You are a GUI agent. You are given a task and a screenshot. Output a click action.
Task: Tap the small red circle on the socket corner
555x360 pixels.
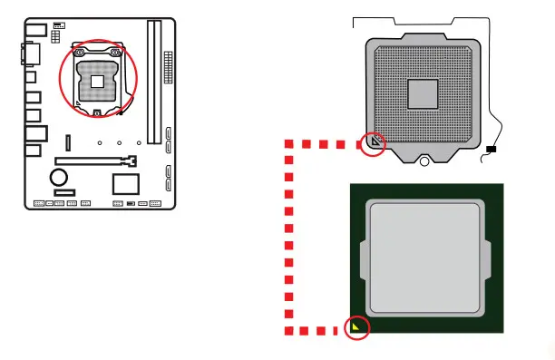pos(373,143)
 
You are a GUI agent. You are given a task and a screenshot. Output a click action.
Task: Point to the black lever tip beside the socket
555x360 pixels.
pos(491,149)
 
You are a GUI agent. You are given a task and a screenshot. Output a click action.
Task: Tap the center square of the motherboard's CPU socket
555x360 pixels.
pos(97,83)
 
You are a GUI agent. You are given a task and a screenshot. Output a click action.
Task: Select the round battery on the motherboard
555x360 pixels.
pos(60,175)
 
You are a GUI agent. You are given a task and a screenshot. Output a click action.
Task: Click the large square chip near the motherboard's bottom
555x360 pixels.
pos(125,183)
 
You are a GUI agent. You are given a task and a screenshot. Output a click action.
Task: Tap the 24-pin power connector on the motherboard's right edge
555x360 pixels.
pos(168,65)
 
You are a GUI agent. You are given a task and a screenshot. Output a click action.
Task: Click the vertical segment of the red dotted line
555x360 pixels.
pos(289,236)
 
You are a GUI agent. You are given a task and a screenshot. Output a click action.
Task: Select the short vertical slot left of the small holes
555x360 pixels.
pos(66,142)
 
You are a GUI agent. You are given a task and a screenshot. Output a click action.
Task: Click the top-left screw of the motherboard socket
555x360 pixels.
pos(78,53)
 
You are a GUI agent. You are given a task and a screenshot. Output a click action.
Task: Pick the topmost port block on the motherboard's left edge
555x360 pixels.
pos(33,33)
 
